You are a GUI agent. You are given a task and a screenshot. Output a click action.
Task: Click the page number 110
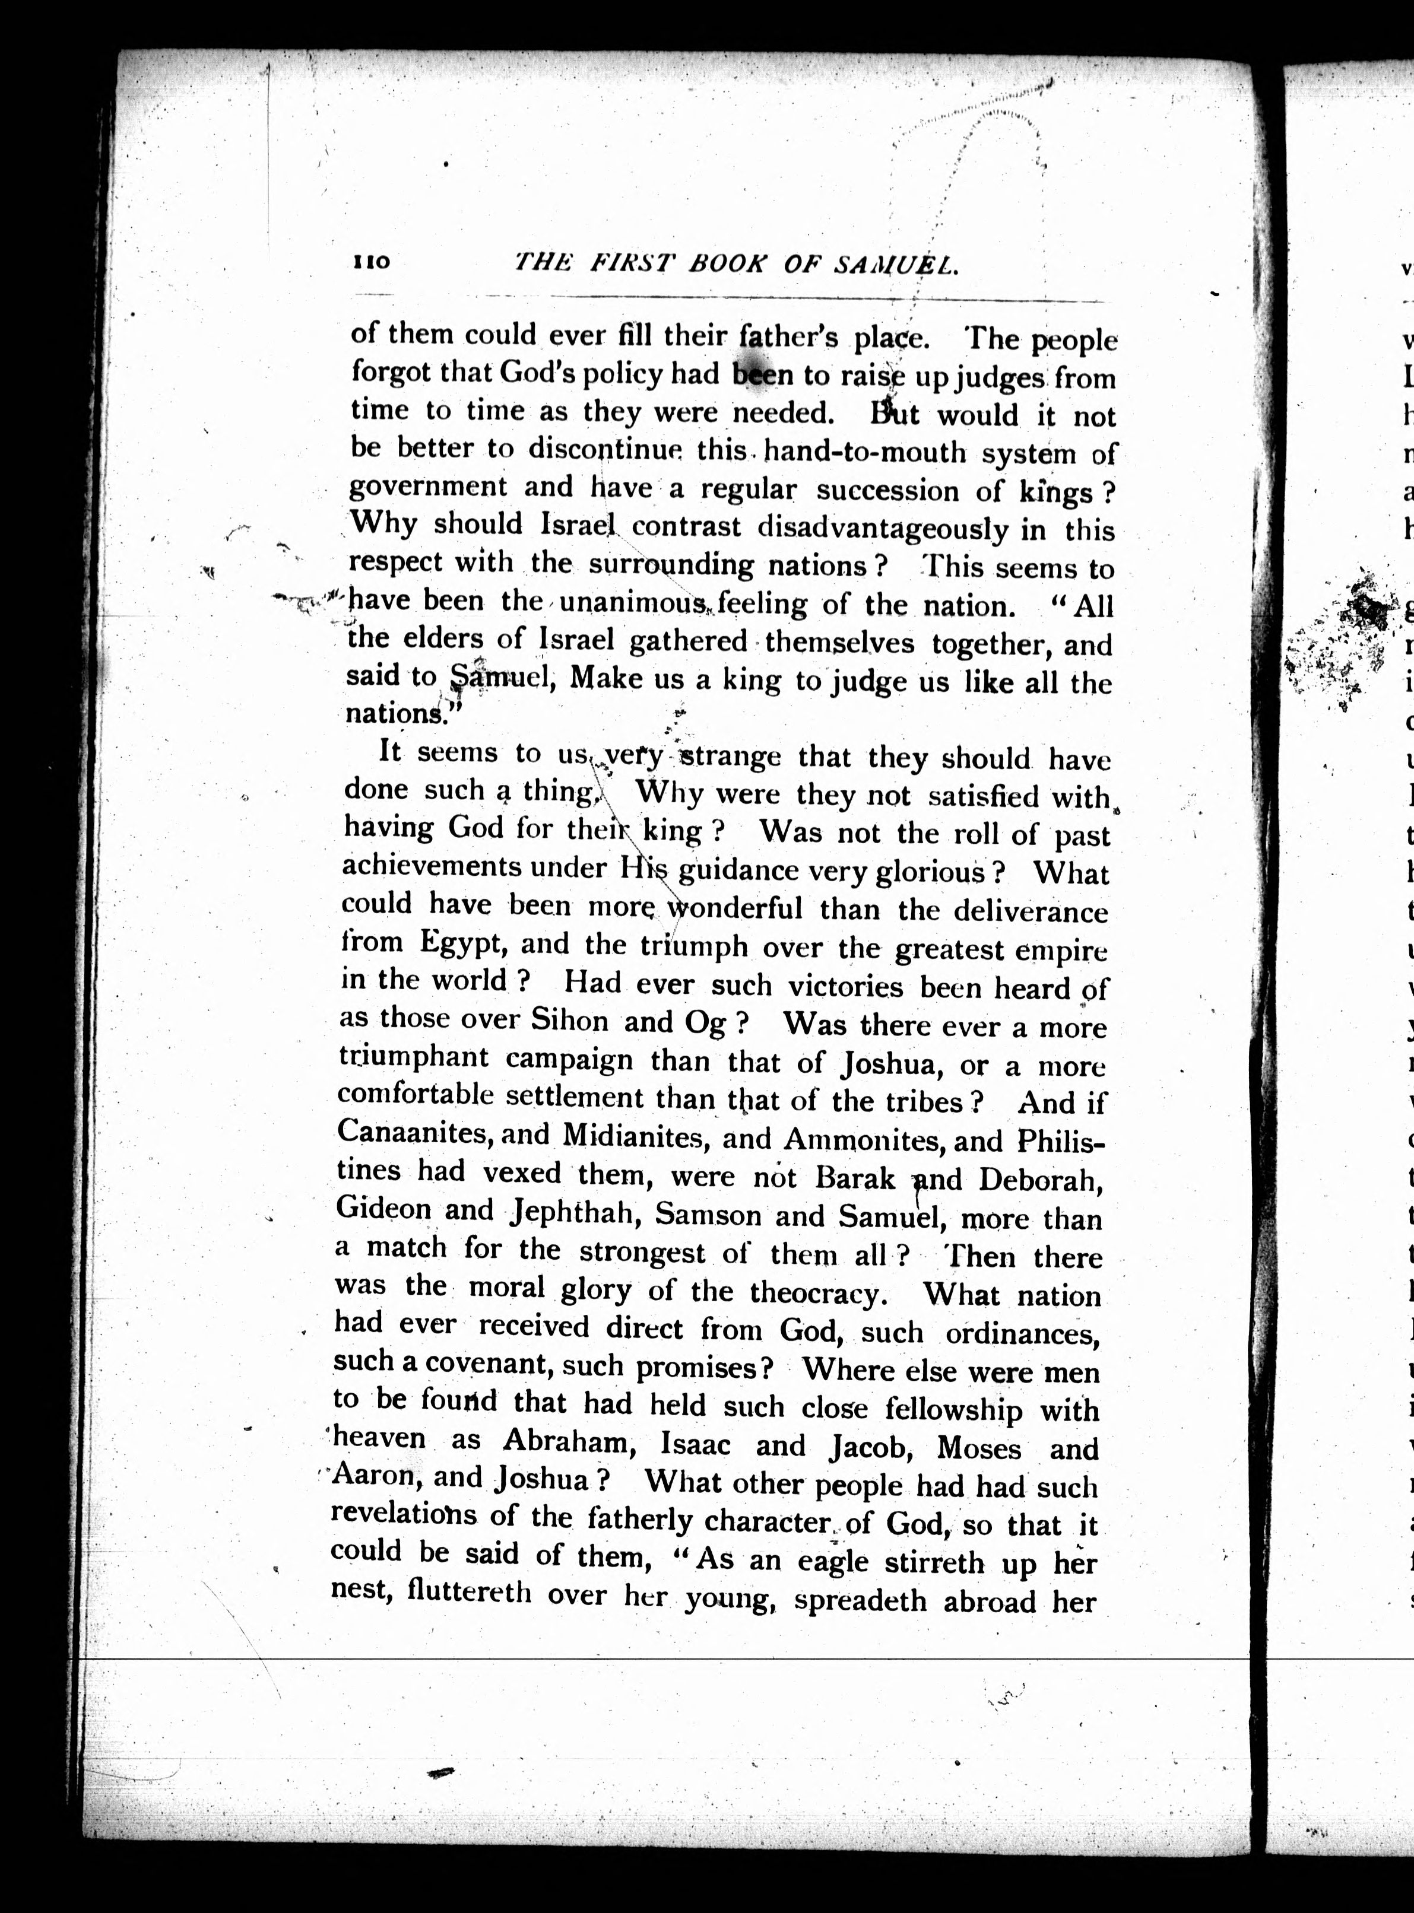370,262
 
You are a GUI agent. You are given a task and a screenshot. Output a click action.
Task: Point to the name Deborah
1038,1181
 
